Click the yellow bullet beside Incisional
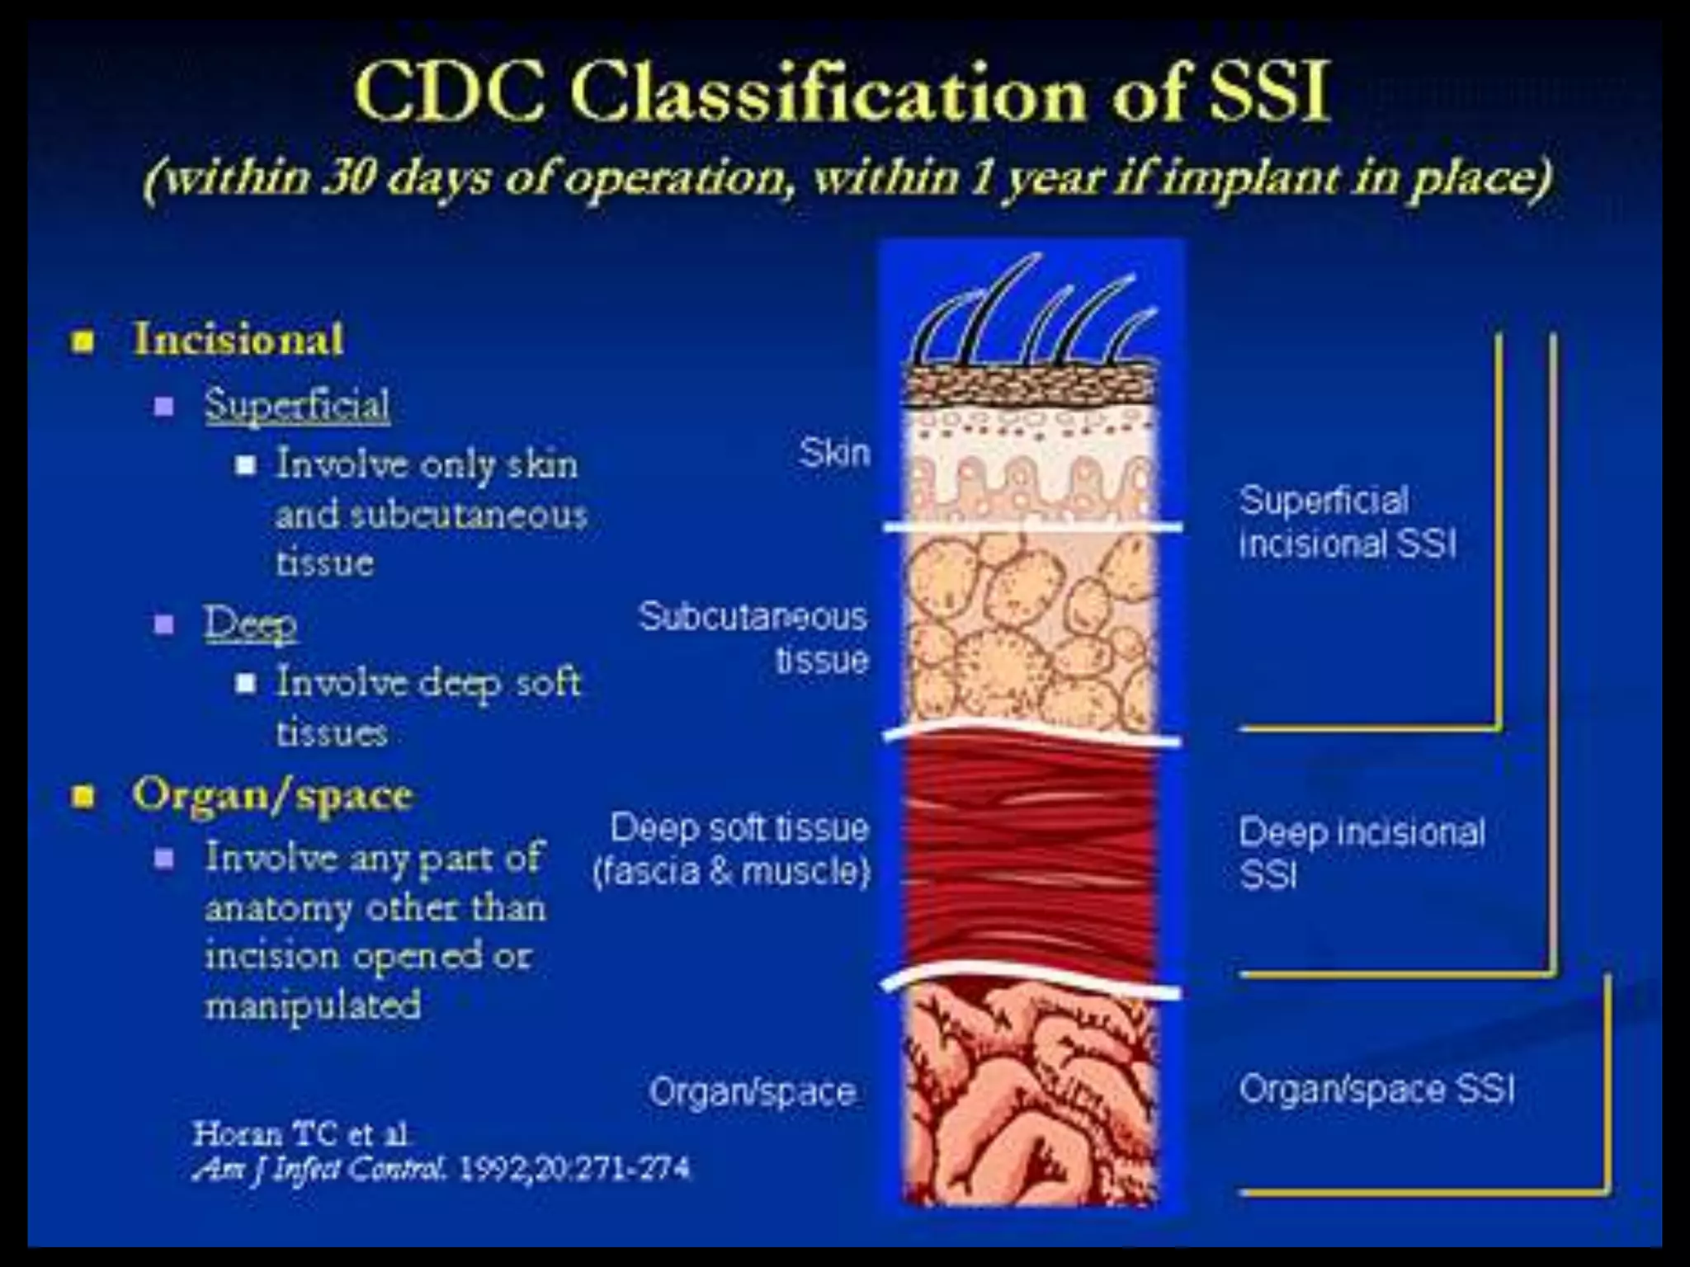point(83,341)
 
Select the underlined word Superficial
point(297,405)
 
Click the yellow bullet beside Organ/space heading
point(83,797)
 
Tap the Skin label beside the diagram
point(834,453)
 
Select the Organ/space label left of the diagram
point(752,1092)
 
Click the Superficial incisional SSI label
point(1347,522)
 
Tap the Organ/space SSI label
point(1376,1089)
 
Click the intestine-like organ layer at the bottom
point(1031,1097)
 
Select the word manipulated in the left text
point(313,1006)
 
